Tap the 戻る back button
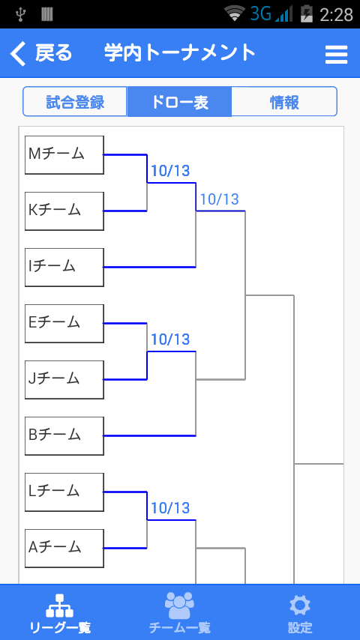(40, 53)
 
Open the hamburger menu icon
(336, 54)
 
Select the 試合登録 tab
(75, 102)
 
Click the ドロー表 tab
(179, 102)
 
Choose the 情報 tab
(284, 102)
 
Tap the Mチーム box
(64, 155)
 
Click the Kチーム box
(64, 211)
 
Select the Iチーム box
(64, 268)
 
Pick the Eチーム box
(64, 324)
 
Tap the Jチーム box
(64, 380)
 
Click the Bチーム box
(64, 436)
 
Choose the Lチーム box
(64, 492)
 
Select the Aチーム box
(64, 548)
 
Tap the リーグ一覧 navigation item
(60, 612)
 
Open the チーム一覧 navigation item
(179, 612)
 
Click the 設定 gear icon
(300, 606)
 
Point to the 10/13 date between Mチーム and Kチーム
(170, 171)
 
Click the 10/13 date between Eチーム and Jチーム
(170, 339)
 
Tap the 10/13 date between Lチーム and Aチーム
(170, 508)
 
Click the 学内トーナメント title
(180, 53)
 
